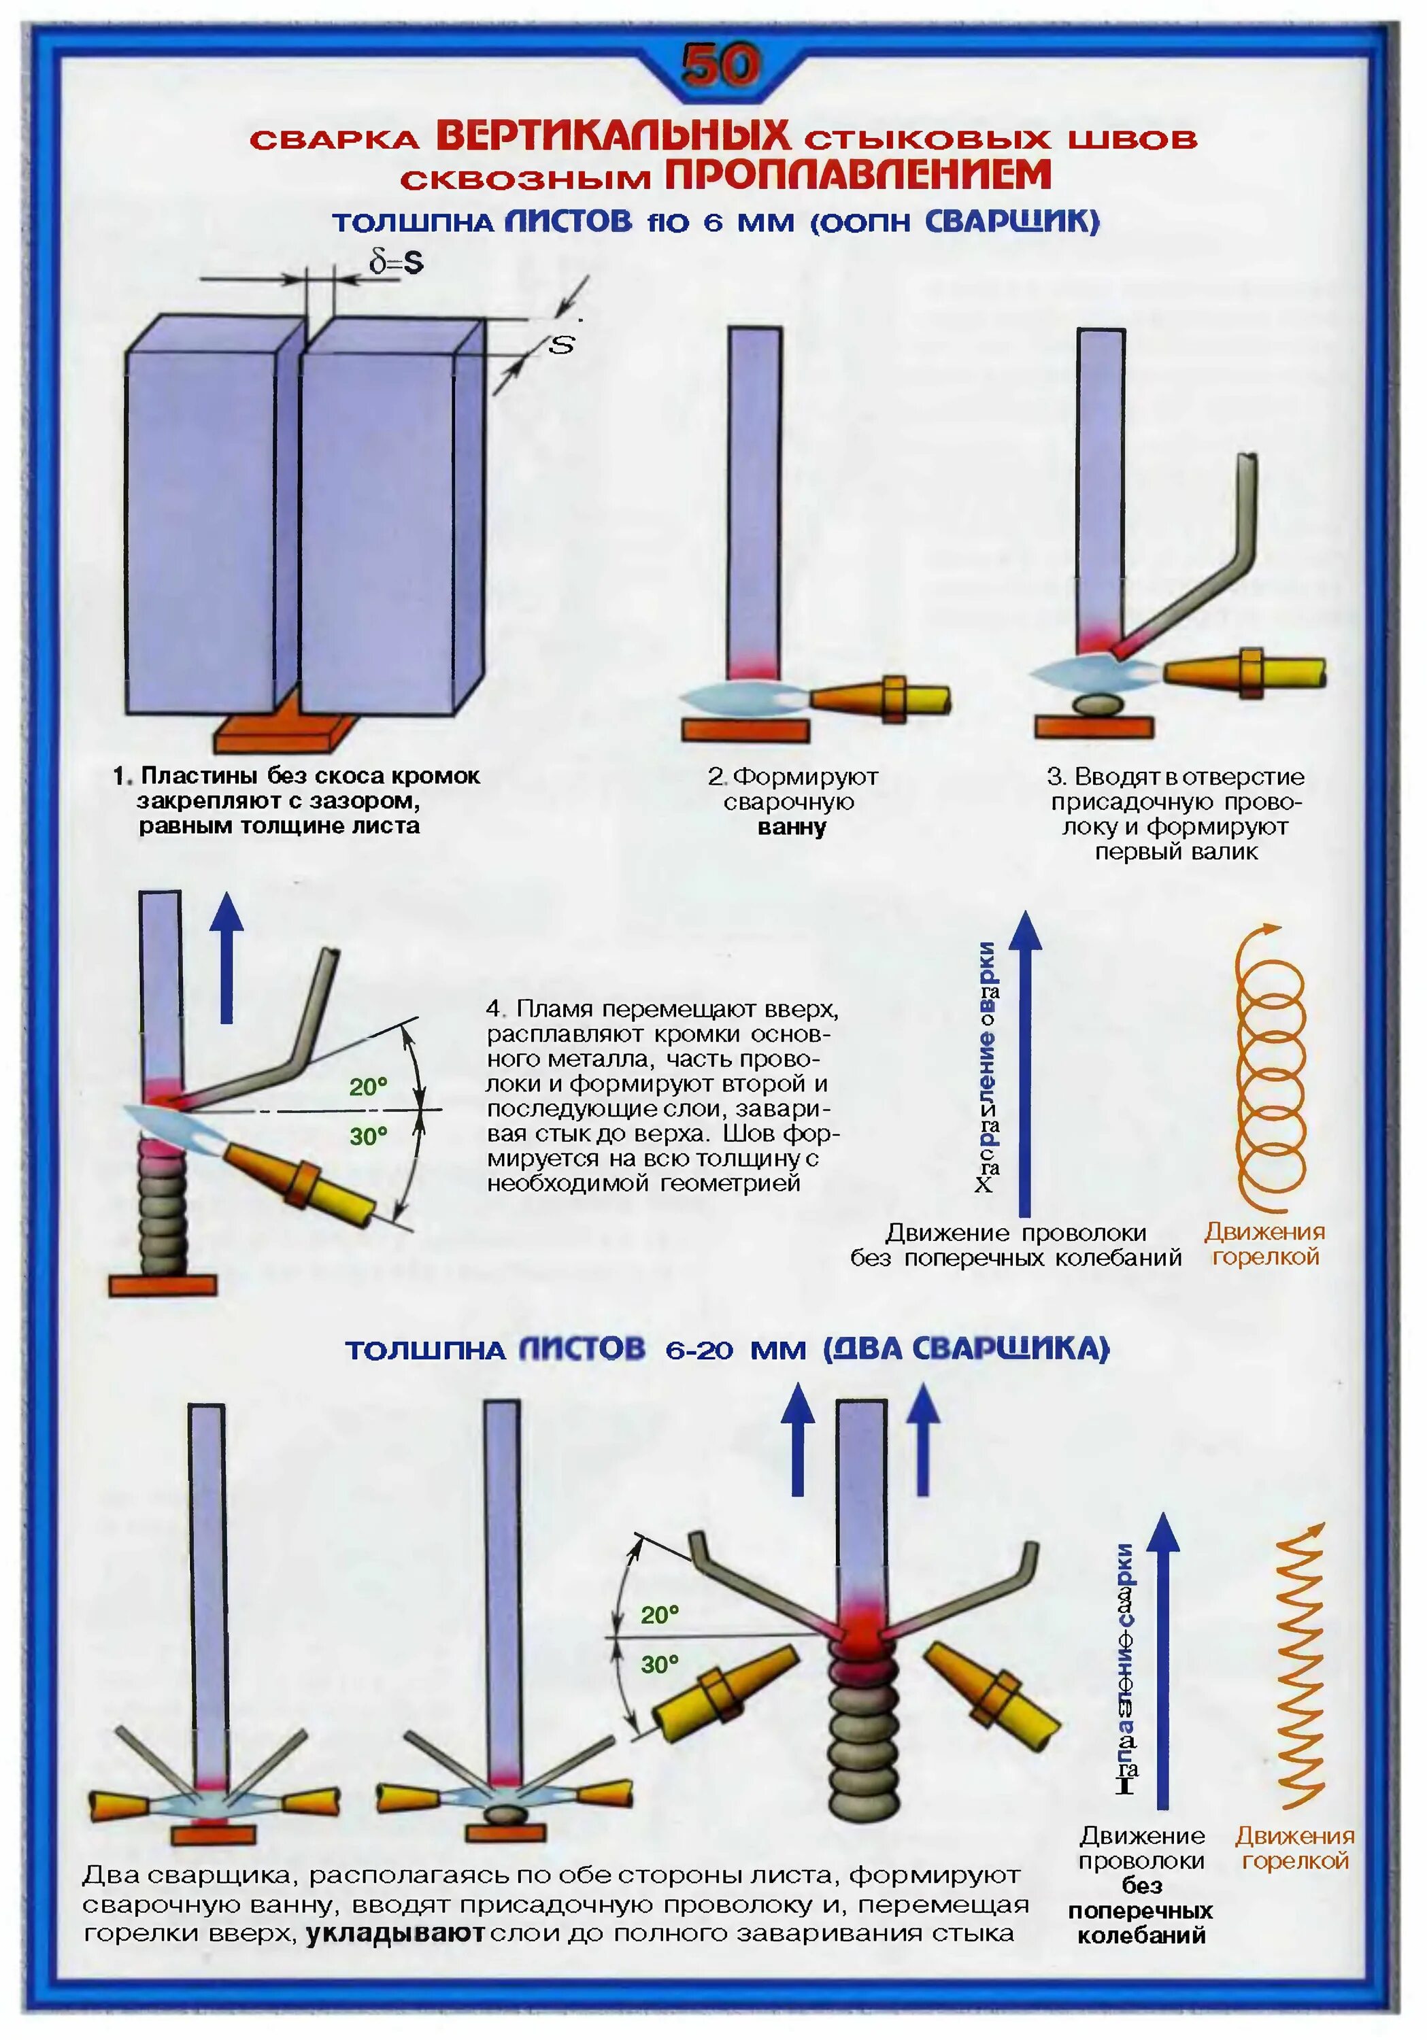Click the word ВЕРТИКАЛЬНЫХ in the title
tap(612, 136)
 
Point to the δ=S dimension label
tap(397, 262)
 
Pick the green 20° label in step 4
tap(368, 1086)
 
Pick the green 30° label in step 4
tap(368, 1136)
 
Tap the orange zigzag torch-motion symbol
tap(1300, 1669)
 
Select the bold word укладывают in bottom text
tap(395, 1935)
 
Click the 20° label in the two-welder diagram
tap(659, 1614)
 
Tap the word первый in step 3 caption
tap(1131, 852)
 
